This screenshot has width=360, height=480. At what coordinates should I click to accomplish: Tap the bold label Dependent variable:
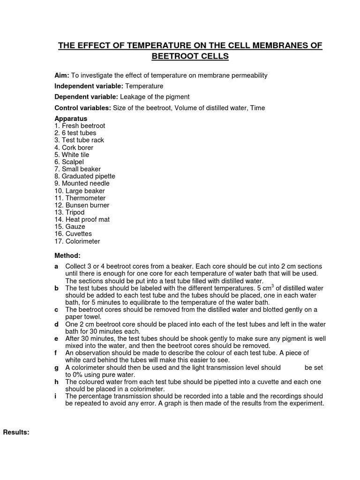[86, 97]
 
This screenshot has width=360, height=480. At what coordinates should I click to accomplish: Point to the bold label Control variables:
[82, 108]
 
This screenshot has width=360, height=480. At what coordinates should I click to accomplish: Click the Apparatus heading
[71, 119]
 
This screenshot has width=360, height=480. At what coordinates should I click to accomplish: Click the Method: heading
[67, 256]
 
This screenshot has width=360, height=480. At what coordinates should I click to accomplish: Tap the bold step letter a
[56, 266]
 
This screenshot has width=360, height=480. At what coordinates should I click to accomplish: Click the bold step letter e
[56, 338]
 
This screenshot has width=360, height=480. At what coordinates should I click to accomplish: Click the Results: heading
[16, 432]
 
